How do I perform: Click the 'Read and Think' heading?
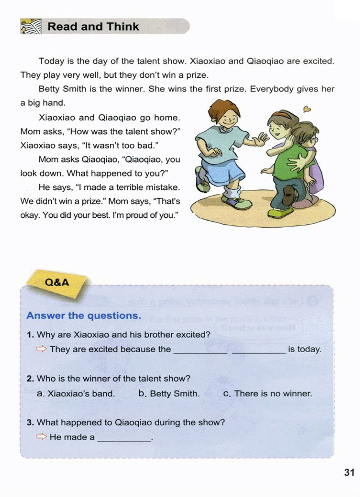(x=93, y=27)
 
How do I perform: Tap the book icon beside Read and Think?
(x=31, y=27)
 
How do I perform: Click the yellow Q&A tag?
(x=57, y=282)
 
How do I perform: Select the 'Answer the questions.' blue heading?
(x=84, y=315)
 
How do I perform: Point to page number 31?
(x=349, y=472)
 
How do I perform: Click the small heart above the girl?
(x=307, y=109)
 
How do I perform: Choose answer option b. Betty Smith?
(x=169, y=394)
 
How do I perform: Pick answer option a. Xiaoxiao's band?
(x=76, y=394)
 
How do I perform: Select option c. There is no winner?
(x=268, y=394)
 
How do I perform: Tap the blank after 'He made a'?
(x=124, y=438)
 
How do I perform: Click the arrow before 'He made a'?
(x=41, y=437)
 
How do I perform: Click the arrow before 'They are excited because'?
(x=41, y=349)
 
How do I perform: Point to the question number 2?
(x=30, y=379)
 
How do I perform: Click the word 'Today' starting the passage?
(x=52, y=61)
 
